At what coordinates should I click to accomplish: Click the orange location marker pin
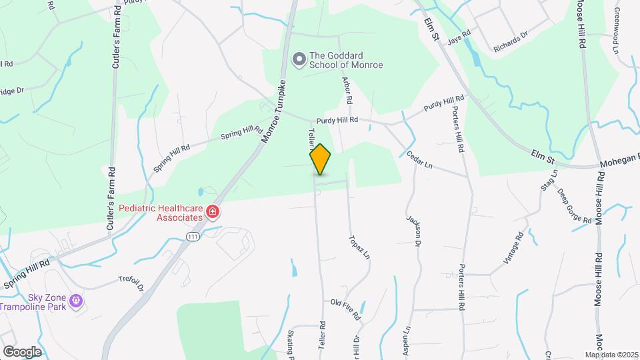click(320, 160)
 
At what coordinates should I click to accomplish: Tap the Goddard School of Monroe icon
click(299, 60)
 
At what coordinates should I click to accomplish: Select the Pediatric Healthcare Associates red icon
click(213, 213)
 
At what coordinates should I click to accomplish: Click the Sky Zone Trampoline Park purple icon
click(77, 301)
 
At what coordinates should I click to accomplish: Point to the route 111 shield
click(193, 237)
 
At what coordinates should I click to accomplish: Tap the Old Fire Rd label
click(345, 303)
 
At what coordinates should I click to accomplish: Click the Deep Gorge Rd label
click(574, 206)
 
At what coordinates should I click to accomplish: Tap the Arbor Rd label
click(347, 90)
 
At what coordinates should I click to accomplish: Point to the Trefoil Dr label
click(131, 284)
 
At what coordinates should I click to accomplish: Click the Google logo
click(21, 351)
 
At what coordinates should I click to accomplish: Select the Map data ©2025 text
click(611, 355)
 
